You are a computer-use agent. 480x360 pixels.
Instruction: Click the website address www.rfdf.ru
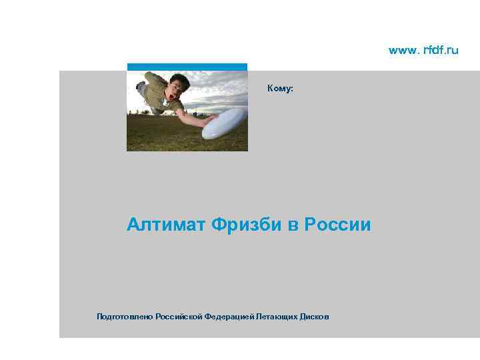coord(423,51)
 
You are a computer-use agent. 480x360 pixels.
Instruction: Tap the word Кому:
coord(280,88)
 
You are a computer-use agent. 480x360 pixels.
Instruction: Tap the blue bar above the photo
coord(187,67)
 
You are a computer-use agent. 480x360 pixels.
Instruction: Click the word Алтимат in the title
coord(166,225)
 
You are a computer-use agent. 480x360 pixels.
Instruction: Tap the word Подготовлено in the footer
coord(125,317)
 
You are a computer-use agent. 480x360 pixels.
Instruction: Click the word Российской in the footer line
coord(179,317)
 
